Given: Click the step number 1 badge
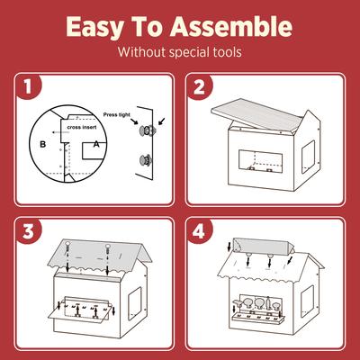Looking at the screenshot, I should (x=31, y=88).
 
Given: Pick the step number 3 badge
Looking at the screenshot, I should (x=31, y=230).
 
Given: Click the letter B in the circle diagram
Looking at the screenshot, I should (x=43, y=143).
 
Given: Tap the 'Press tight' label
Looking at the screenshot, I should (x=118, y=115).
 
